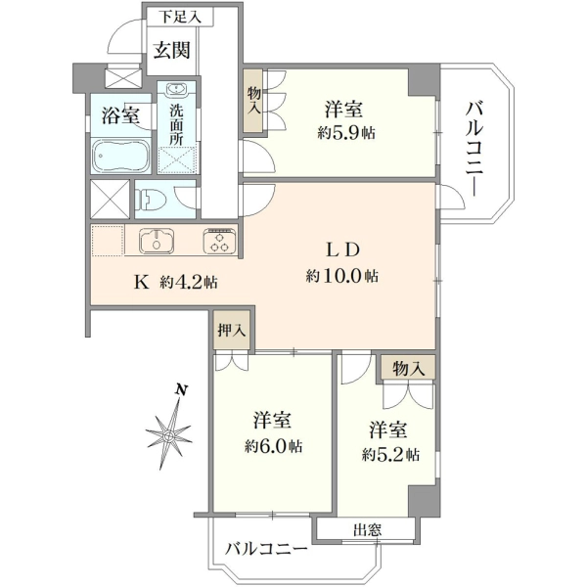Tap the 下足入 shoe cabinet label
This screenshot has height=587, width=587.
181,17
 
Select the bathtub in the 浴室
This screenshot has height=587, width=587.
120,156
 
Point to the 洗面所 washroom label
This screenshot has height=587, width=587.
176,124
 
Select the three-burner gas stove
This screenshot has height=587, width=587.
219,241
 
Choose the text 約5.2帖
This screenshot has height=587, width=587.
390,455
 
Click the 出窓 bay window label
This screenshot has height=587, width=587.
367,530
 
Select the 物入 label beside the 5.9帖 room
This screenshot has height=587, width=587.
253,100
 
